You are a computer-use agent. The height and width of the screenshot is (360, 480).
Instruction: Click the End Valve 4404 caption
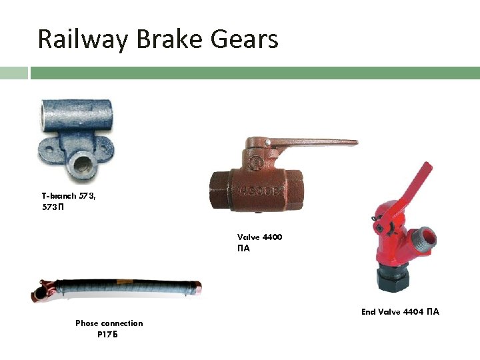coord(400,312)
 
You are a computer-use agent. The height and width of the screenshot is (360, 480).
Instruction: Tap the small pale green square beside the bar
coord(13,72)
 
